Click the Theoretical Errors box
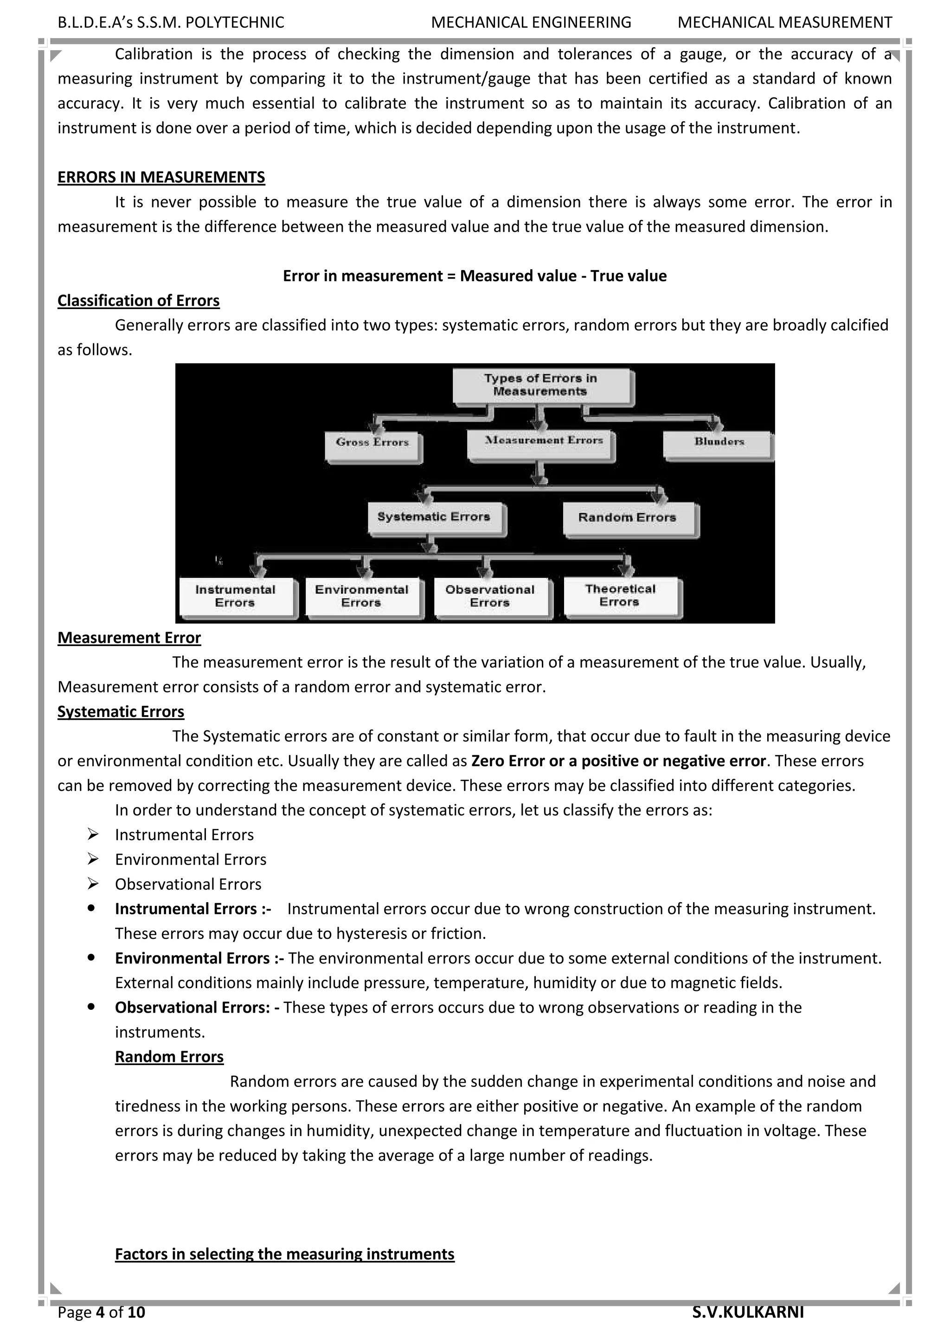click(620, 596)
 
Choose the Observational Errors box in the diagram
click(490, 597)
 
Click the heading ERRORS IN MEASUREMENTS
click(161, 177)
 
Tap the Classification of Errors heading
click(138, 301)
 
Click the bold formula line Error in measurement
click(475, 276)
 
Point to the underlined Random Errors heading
click(169, 1057)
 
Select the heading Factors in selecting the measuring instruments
click(284, 1254)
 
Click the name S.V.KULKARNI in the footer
click(748, 1312)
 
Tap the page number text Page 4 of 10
click(101, 1312)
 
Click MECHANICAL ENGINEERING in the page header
click(531, 23)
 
